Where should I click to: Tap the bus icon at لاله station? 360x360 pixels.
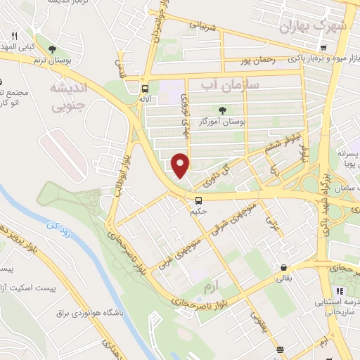(x=144, y=89)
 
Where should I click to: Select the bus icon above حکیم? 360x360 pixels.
(x=198, y=200)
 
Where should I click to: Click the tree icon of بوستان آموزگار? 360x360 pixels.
(x=222, y=110)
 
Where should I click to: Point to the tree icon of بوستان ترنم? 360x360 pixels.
(x=53, y=49)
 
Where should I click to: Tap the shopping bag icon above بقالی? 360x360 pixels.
(x=283, y=268)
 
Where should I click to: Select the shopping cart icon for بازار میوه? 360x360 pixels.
(x=322, y=48)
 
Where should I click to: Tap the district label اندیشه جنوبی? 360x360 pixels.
(x=68, y=96)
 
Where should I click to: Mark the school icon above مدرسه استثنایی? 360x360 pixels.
(x=340, y=291)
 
